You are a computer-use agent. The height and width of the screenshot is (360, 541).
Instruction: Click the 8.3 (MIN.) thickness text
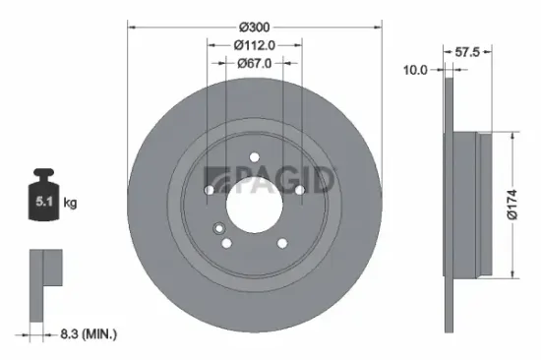tap(86, 335)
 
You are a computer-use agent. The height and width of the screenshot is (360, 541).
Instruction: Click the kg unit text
tap(71, 204)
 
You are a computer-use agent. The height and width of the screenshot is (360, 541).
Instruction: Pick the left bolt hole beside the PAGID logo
tap(210, 190)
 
